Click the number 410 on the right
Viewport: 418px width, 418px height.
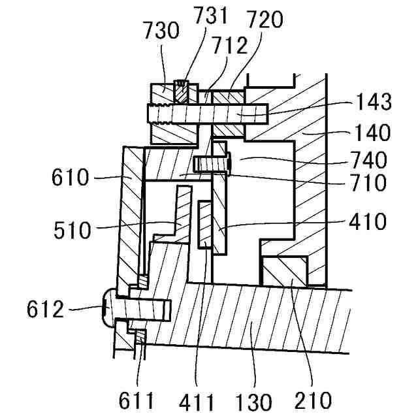368,222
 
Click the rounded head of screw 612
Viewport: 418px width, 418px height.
109,309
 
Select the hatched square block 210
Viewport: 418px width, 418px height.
284,271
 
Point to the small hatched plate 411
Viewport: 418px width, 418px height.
204,225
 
